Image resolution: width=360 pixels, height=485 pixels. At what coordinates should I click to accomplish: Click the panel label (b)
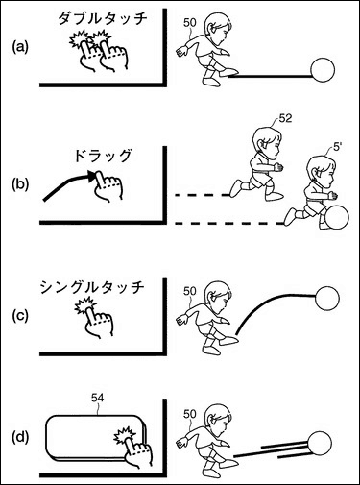pyautogui.click(x=20, y=184)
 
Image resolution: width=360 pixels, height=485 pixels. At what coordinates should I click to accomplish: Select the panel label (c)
pyautogui.click(x=20, y=316)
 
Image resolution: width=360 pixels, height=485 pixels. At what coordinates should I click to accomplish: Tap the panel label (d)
pyautogui.click(x=20, y=437)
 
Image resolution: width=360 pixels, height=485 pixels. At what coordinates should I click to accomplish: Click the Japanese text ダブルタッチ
pyautogui.click(x=102, y=18)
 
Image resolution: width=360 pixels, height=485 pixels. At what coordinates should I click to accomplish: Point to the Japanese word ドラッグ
pyautogui.click(x=103, y=156)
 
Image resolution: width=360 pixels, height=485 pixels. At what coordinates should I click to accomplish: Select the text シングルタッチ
pyautogui.click(x=92, y=287)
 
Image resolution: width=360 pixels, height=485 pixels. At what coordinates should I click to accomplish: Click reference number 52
pyautogui.click(x=285, y=118)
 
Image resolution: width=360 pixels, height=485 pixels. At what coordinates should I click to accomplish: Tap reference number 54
pyautogui.click(x=97, y=398)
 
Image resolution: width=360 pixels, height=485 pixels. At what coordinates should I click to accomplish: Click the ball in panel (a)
pyautogui.click(x=323, y=70)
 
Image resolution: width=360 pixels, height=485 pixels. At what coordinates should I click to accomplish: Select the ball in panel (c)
pyautogui.click(x=326, y=299)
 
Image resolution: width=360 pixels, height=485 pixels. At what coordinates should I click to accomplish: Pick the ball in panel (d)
pyautogui.click(x=320, y=443)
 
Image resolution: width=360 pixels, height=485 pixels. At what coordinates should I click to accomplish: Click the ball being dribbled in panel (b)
pyautogui.click(x=337, y=218)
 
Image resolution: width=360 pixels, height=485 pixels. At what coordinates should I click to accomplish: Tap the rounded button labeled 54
pyautogui.click(x=96, y=438)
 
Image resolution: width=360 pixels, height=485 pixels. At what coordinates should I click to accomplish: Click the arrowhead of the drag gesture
pyautogui.click(x=91, y=176)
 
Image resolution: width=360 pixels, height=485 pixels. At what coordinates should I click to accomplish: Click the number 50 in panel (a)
pyautogui.click(x=189, y=23)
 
